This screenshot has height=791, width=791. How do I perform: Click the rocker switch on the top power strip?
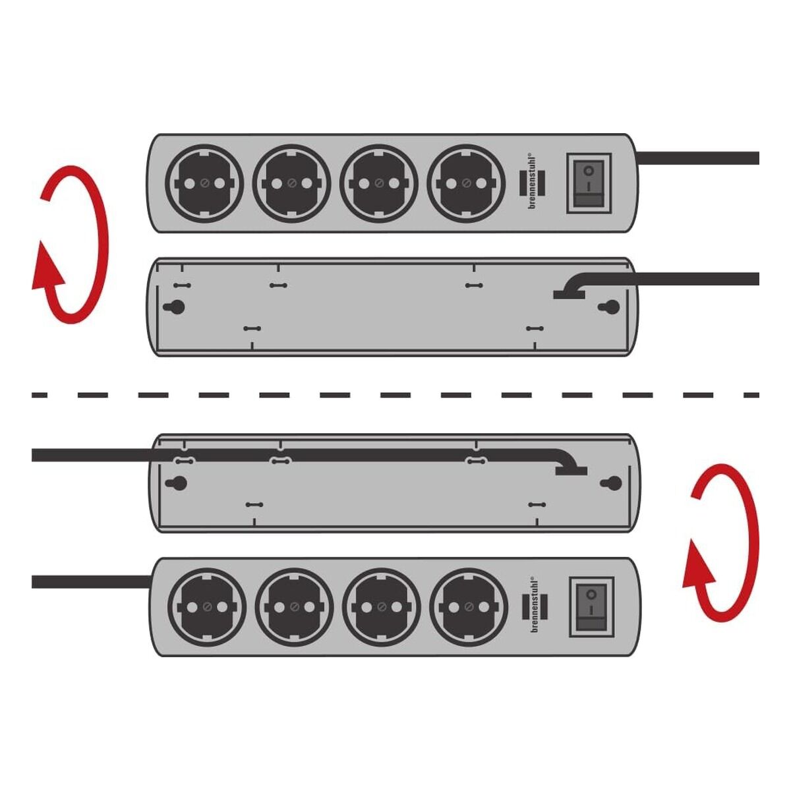tap(589, 183)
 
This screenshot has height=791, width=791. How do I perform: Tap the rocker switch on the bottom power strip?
tap(591, 606)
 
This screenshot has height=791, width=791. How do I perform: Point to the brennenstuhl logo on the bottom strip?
tap(534, 606)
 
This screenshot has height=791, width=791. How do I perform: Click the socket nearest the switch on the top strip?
tap(465, 183)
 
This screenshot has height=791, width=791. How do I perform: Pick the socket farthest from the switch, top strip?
tap(204, 183)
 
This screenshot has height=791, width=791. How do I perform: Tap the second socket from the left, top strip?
tap(291, 183)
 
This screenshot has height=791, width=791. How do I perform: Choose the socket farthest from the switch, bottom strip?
tap(207, 606)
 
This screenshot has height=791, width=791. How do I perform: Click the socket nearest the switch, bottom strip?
tap(469, 606)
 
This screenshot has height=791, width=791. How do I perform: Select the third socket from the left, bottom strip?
tap(382, 606)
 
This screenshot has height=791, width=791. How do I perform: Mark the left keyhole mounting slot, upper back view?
tap(175, 307)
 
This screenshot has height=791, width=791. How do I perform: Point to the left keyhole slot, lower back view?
tap(177, 483)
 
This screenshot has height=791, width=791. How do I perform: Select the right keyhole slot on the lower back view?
tap(611, 483)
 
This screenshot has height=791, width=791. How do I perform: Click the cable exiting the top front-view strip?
tap(698, 158)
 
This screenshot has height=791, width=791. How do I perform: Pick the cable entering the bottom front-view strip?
tap(92, 581)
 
